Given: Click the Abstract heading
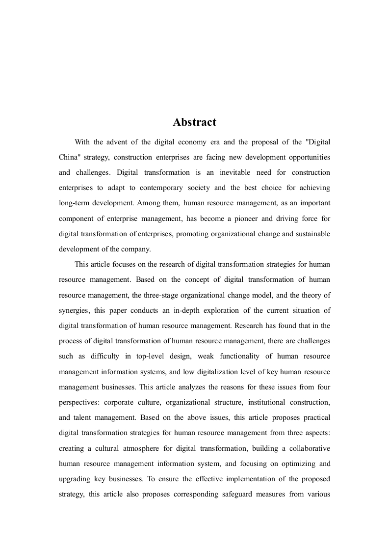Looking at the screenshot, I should pyautogui.click(x=194, y=122).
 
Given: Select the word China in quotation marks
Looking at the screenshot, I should pyautogui.click(x=72, y=158).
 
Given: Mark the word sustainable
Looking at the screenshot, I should pyautogui.click(x=310, y=234).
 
